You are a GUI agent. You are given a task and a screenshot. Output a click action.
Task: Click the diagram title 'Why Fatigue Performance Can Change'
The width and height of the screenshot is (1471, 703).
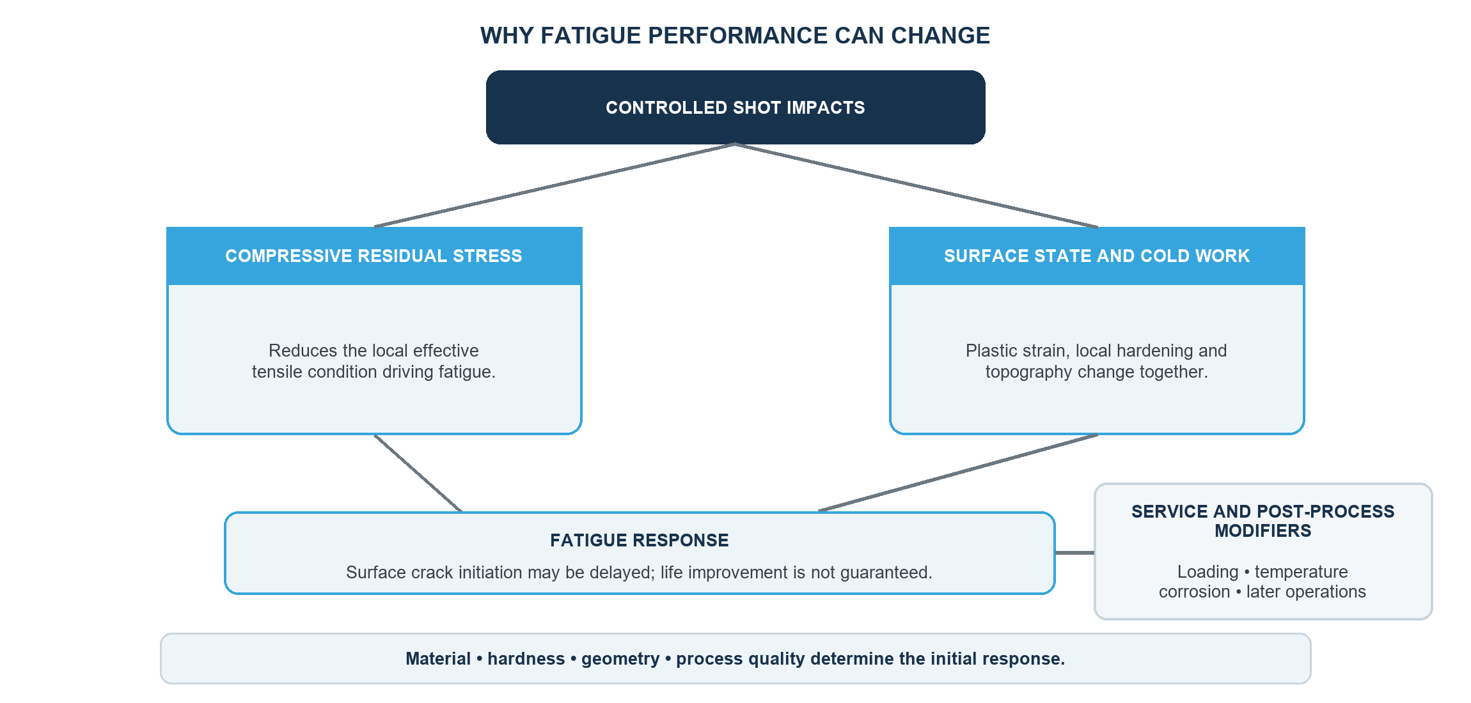735,36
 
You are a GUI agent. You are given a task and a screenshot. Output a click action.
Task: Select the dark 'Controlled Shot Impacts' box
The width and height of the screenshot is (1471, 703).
735,107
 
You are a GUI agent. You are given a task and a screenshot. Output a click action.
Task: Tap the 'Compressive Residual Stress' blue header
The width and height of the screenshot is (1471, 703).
374,256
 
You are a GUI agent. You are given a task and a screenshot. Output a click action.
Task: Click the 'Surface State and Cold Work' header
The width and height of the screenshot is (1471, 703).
1097,256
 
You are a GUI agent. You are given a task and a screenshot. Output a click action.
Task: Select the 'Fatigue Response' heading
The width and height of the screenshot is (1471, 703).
640,541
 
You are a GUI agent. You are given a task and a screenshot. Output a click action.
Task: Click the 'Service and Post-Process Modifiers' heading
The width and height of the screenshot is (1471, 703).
1263,521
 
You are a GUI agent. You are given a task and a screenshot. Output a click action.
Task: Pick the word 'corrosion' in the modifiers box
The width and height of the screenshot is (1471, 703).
1195,592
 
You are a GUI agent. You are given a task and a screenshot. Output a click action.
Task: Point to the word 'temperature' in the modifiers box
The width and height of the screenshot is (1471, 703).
1301,572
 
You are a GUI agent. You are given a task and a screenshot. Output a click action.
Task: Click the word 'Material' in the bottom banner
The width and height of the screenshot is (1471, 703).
438,659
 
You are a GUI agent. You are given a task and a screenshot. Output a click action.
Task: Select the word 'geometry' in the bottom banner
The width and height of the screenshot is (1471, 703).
620,659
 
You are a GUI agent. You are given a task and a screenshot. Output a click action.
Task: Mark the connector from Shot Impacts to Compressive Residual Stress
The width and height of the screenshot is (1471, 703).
555,185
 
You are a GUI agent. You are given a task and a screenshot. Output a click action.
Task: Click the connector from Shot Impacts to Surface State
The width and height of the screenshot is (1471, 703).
916,185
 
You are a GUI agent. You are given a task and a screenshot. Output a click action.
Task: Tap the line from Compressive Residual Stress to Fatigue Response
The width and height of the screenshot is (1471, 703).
418,473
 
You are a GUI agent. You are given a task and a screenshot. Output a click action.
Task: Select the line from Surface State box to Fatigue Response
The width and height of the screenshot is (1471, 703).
958,473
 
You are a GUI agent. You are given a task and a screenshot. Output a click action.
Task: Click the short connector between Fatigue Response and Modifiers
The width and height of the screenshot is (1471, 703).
1074,553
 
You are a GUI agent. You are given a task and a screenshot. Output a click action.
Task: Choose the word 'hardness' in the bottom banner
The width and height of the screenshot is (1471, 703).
526,659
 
